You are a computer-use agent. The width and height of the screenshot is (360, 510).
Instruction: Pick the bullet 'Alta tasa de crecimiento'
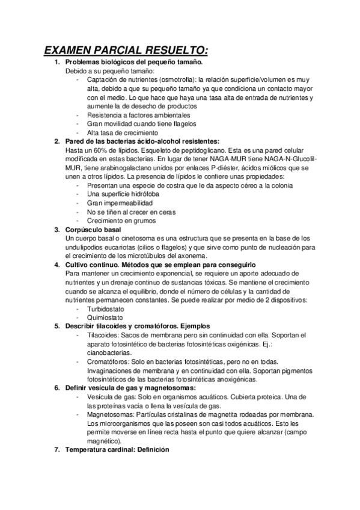click(123, 132)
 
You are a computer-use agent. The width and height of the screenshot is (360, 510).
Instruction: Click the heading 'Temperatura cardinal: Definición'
click(117, 450)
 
